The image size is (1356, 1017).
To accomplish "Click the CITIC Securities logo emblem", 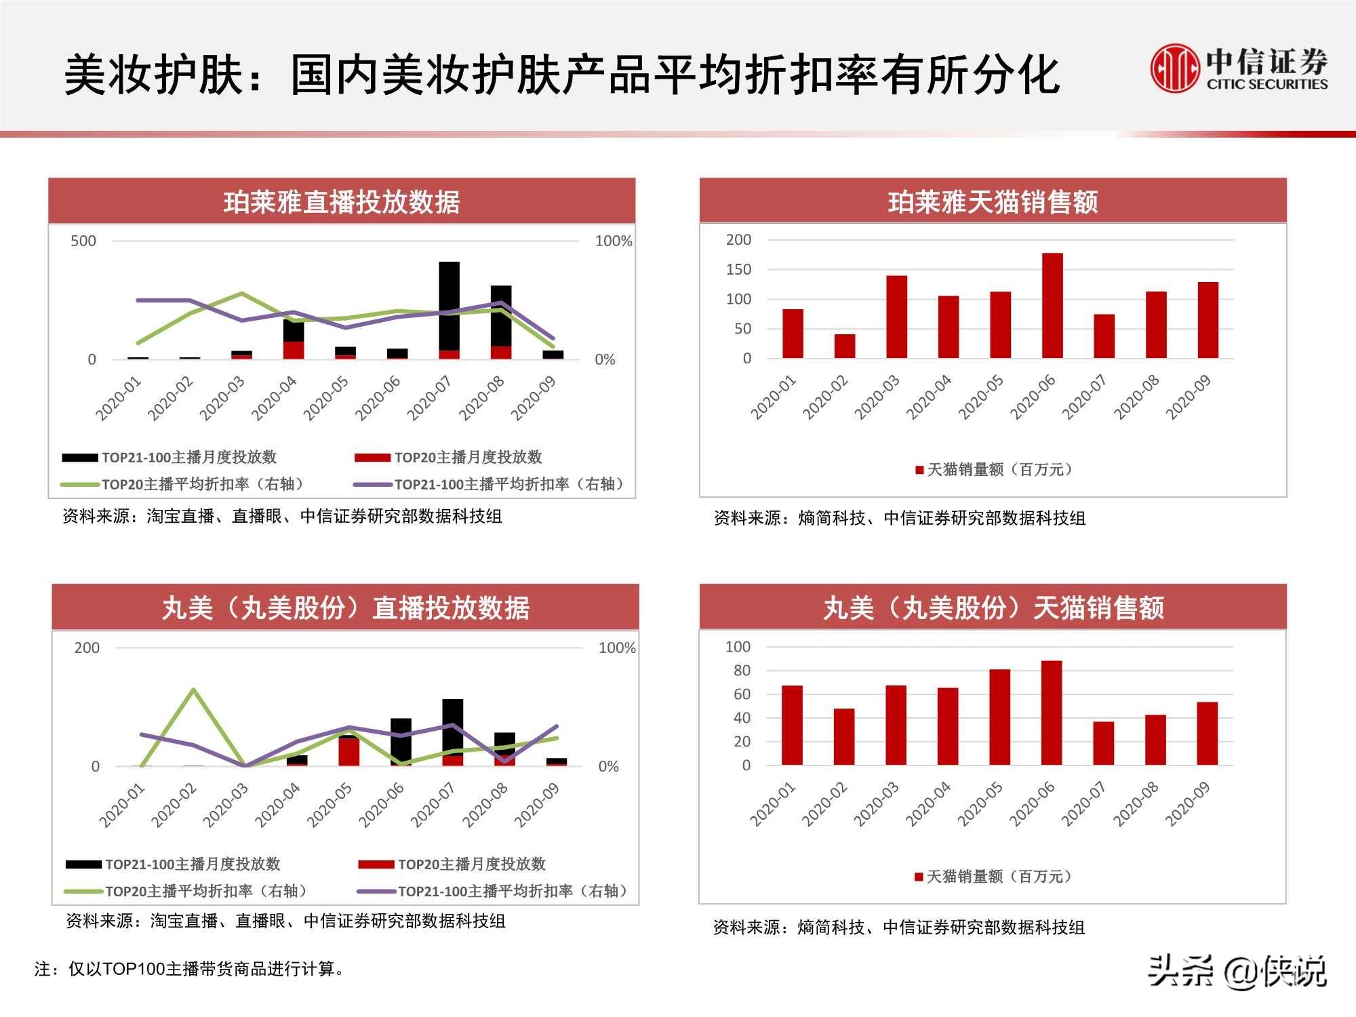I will (1174, 68).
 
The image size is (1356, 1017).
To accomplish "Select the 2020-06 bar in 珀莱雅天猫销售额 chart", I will (1052, 305).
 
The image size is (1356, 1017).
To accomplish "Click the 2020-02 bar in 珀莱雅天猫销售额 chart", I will (845, 346).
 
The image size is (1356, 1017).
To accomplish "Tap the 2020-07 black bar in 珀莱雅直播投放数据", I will (449, 305).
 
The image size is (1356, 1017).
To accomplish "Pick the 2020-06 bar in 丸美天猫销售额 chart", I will (1052, 713).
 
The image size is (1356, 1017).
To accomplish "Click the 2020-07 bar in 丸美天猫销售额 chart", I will (1104, 743).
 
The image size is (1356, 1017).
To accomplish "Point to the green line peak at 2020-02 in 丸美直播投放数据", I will (194, 690).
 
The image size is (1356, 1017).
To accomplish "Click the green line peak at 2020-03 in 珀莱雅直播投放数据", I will (242, 294).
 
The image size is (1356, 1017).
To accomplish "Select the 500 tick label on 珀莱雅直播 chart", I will (83, 241).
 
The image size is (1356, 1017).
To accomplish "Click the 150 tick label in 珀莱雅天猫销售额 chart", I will (738, 269).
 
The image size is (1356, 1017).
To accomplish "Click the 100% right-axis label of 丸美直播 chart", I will (616, 647).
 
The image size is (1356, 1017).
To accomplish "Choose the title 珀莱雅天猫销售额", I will (993, 202).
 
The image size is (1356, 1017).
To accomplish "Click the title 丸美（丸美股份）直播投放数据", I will (345, 607).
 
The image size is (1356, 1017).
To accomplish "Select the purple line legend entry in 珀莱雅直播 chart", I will (488, 484).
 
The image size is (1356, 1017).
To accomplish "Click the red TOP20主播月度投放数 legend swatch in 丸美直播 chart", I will (376, 864).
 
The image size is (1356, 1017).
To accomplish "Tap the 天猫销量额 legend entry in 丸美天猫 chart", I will (993, 877).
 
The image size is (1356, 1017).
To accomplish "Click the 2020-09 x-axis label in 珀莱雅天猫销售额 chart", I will (1188, 397).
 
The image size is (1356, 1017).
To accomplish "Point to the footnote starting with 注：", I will (189, 969).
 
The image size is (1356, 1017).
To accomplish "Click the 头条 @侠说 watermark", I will (1237, 972).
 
